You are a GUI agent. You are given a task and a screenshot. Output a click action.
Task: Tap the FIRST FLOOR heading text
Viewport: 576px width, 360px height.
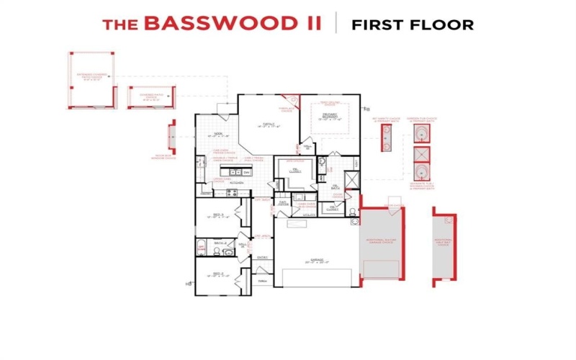tap(412, 24)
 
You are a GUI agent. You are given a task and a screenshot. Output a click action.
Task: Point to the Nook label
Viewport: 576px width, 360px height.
tap(217, 133)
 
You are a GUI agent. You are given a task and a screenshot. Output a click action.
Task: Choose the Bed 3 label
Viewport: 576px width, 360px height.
tap(220, 215)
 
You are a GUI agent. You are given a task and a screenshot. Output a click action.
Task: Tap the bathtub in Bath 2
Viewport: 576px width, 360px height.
tap(202, 247)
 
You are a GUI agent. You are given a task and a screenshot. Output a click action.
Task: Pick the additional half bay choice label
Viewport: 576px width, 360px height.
tap(444, 240)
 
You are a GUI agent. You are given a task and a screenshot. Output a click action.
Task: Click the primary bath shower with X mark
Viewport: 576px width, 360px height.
tap(352, 180)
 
